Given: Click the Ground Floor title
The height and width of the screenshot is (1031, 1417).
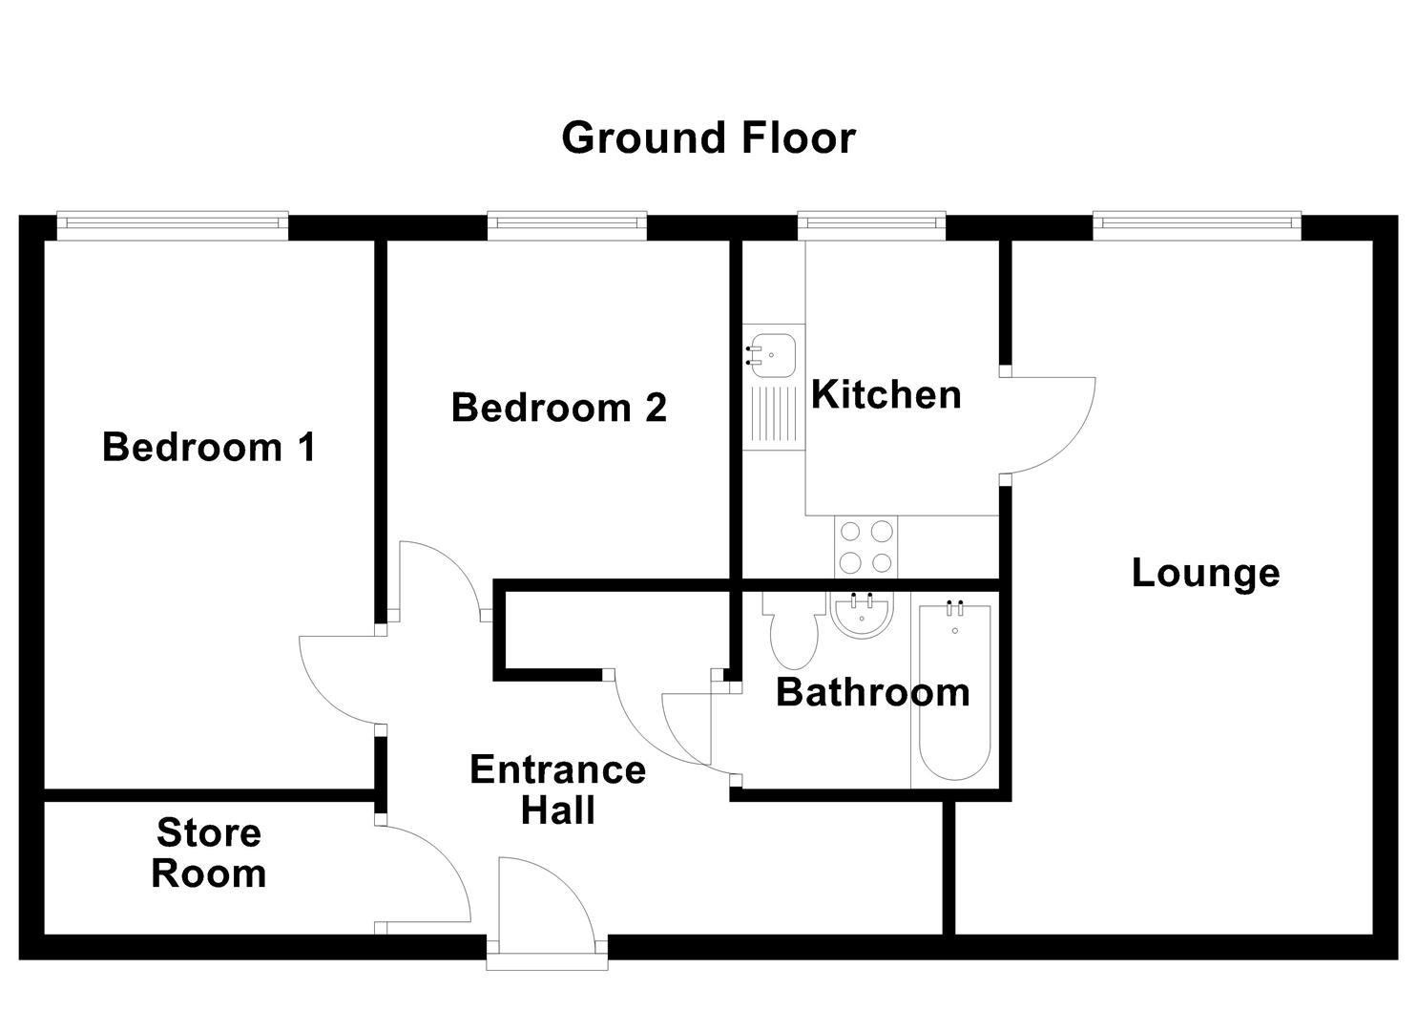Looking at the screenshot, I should (708, 137).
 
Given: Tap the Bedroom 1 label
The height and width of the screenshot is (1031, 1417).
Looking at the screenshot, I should (208, 447).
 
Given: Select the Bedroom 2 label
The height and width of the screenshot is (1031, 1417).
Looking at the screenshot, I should (558, 408).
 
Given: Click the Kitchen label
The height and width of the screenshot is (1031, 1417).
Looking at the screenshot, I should (886, 394).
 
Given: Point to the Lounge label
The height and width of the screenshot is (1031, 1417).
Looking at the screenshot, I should (1205, 573).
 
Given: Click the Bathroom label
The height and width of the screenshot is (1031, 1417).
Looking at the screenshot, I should (872, 692).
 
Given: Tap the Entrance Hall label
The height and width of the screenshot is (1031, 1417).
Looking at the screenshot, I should (557, 789).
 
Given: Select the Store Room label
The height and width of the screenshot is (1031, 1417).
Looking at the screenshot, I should (208, 852).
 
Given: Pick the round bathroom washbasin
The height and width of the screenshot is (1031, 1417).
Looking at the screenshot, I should (862, 614).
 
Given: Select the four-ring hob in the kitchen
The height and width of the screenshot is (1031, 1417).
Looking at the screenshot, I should (866, 546).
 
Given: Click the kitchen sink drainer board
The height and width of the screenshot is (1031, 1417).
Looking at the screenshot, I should (774, 416).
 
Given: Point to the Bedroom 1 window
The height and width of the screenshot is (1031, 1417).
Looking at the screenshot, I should (173, 224).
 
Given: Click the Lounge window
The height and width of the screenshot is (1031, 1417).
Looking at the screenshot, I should (1197, 224).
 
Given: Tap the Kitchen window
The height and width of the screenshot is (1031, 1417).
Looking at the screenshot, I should (872, 224).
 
